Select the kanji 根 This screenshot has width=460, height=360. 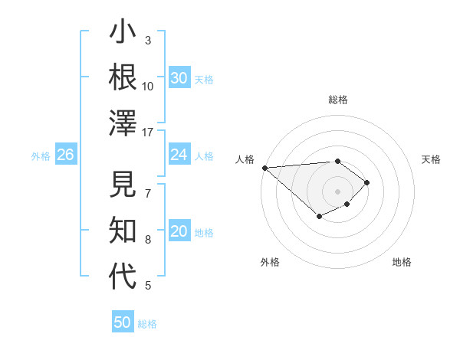point(123,77)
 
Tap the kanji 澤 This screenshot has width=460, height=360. point(123,123)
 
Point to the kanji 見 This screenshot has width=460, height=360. point(123,186)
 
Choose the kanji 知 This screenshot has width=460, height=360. point(123,231)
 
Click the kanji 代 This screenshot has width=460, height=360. point(123,277)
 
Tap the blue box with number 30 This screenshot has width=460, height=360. point(179,78)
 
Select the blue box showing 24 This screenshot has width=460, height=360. point(179,155)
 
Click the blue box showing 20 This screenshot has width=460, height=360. point(179,232)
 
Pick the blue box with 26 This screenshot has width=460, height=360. point(65,155)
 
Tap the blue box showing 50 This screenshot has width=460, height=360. point(123,322)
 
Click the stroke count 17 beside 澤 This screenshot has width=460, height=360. point(148,132)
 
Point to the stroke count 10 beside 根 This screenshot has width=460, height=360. point(148,86)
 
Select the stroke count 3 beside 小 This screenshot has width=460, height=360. point(148,40)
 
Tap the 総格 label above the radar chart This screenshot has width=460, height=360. point(337,100)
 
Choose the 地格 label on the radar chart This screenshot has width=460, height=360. point(402,262)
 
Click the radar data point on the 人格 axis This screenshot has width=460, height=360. point(264,168)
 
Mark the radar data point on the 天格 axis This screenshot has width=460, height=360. point(367,182)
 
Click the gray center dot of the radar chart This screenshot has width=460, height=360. point(337,191)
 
